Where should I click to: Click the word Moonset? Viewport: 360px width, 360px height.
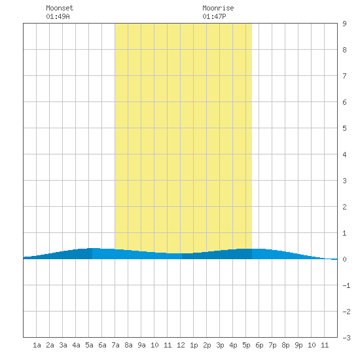(60, 8)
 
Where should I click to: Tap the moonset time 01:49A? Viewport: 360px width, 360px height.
(58, 16)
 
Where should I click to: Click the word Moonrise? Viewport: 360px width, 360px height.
(218, 8)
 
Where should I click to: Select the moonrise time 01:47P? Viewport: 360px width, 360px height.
(214, 16)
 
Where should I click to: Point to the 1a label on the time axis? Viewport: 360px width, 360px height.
(37, 345)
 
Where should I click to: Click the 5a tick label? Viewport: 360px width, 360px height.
(89, 345)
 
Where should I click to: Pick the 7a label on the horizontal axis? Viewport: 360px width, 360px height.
(115, 345)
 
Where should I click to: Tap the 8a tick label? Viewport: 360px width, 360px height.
(128, 345)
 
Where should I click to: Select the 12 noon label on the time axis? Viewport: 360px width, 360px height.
(181, 345)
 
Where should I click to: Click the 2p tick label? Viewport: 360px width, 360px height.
(207, 345)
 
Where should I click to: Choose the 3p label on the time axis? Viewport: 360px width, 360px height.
(220, 345)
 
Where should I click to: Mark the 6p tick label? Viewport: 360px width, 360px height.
(259, 345)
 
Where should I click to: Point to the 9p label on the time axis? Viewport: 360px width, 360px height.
(298, 345)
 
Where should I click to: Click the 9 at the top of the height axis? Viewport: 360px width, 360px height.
(344, 24)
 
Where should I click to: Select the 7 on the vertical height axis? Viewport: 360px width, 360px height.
(344, 76)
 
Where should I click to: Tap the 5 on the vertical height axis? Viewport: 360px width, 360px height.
(344, 128)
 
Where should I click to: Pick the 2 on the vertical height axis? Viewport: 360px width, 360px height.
(344, 207)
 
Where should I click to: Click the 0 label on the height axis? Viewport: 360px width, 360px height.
(344, 259)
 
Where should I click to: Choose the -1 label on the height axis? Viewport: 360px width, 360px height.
(346, 285)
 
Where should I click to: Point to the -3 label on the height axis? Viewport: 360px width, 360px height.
(346, 338)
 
